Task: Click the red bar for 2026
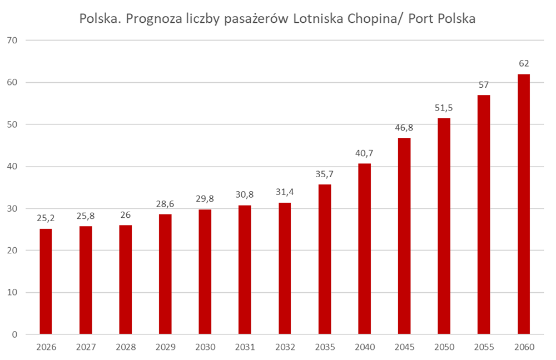(46, 281)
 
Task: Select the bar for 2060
(524, 204)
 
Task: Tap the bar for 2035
(325, 259)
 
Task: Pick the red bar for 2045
(404, 236)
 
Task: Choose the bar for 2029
(165, 274)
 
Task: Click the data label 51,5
(444, 108)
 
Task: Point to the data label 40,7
(364, 153)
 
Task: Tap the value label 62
(524, 63)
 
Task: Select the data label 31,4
(285, 192)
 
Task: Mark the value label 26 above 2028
(125, 215)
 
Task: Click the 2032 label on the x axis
(285, 348)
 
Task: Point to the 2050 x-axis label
(444, 348)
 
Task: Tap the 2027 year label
(86, 348)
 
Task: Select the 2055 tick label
(484, 348)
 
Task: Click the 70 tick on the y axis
(13, 41)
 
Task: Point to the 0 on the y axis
(15, 334)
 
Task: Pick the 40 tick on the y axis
(13, 167)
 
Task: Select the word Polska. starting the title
(100, 18)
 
